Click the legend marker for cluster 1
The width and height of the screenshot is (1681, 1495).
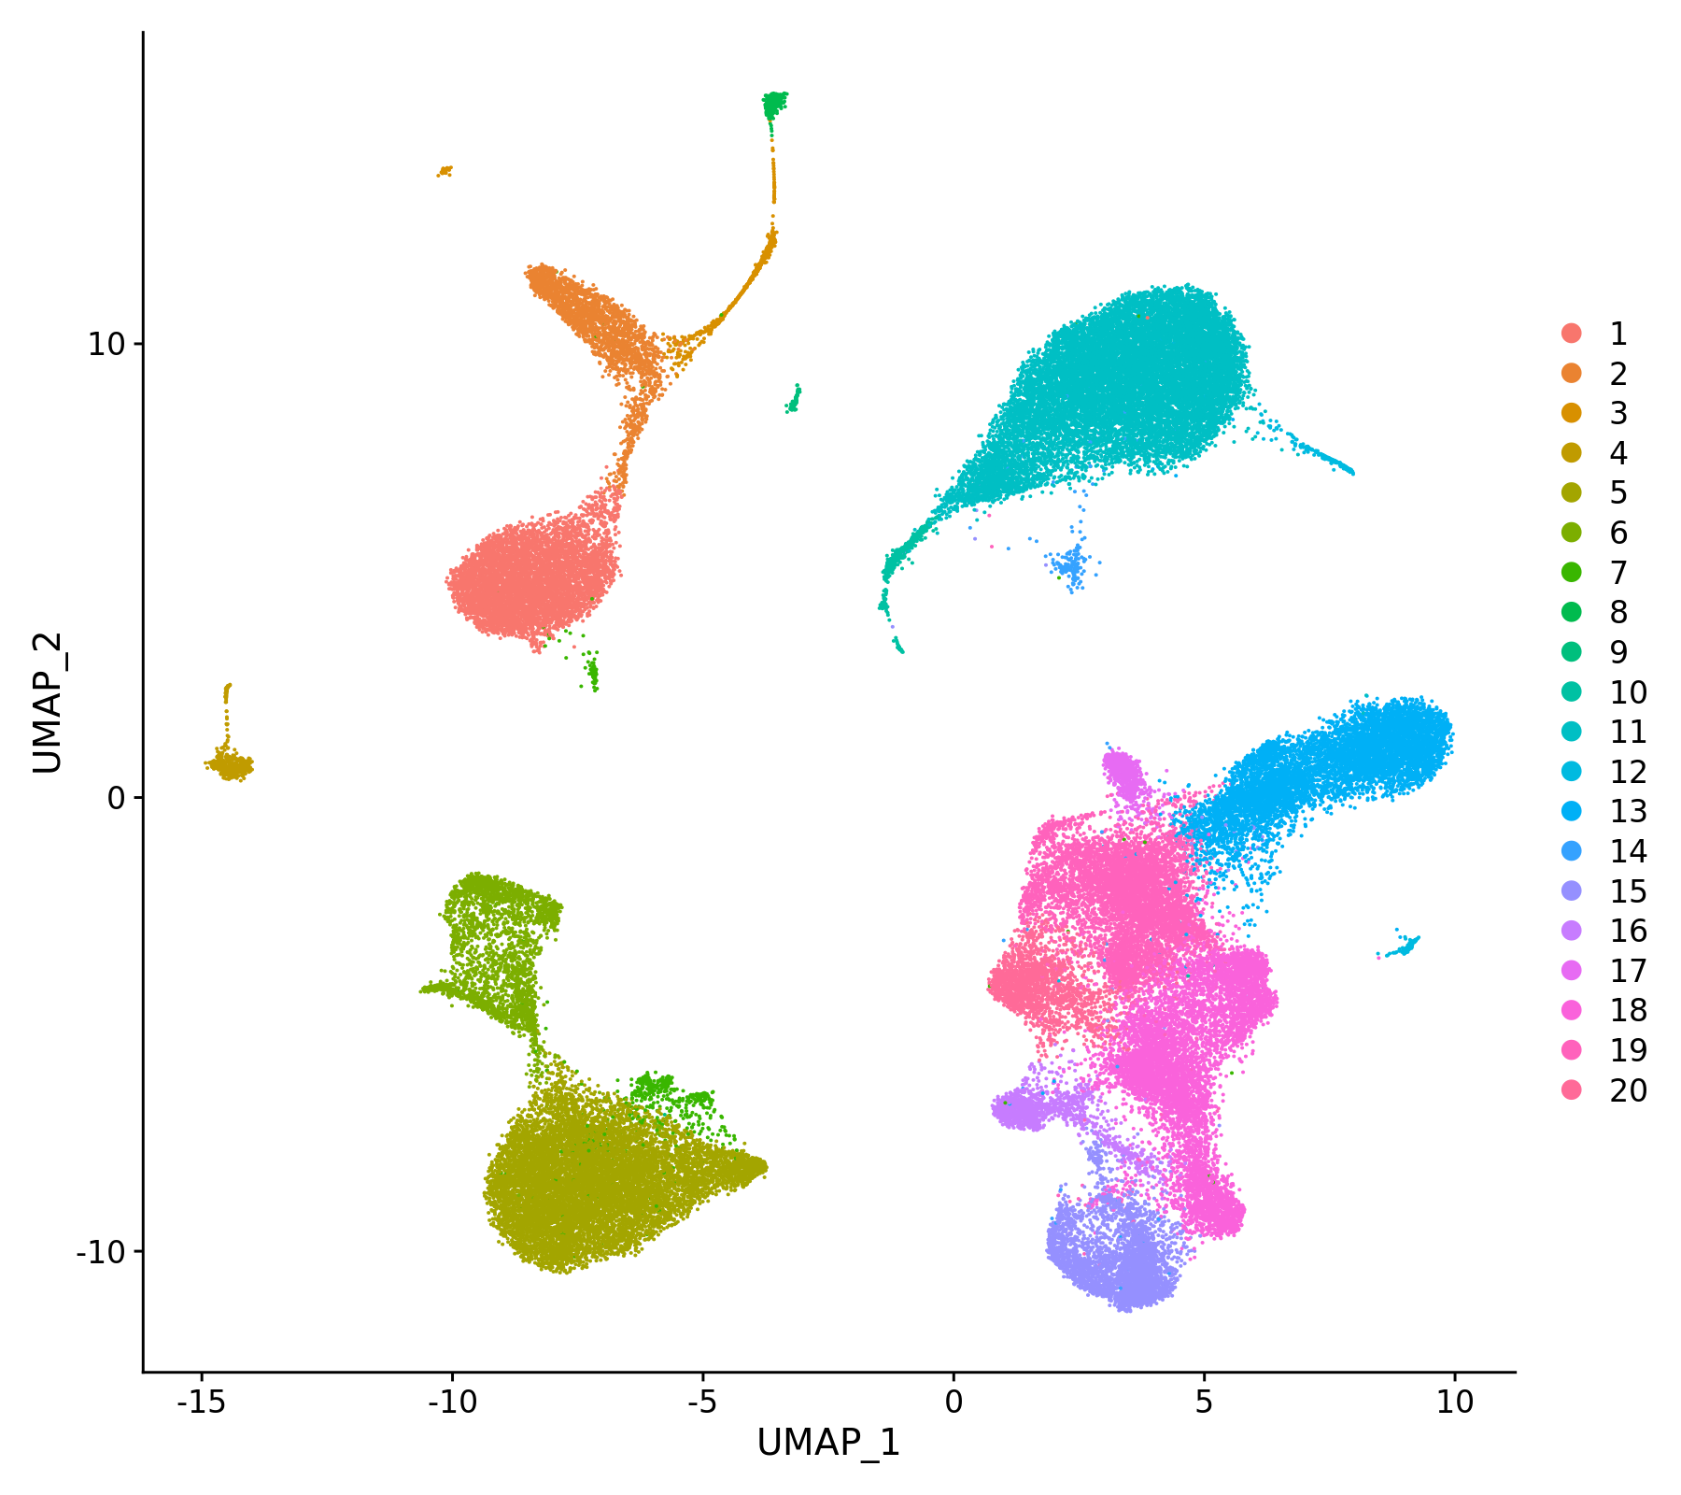pyautogui.click(x=1572, y=334)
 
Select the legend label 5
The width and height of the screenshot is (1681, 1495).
pyautogui.click(x=1617, y=492)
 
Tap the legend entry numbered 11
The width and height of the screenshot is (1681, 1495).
pyautogui.click(x=1627, y=732)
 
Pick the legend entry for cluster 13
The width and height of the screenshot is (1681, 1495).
pyautogui.click(x=1627, y=811)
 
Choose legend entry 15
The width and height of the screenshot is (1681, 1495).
pyautogui.click(x=1627, y=891)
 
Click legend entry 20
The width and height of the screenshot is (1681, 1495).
pyautogui.click(x=1627, y=1090)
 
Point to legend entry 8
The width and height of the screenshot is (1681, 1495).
pyautogui.click(x=1617, y=612)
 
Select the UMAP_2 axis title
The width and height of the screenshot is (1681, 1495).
pyautogui.click(x=48, y=703)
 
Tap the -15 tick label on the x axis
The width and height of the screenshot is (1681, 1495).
pyautogui.click(x=201, y=1402)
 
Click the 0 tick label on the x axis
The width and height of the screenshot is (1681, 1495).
pyautogui.click(x=954, y=1402)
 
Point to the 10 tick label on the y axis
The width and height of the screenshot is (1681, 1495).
pyautogui.click(x=106, y=344)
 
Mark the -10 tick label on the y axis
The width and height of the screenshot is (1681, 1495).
pyautogui.click(x=101, y=1251)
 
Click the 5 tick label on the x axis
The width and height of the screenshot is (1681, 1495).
pyautogui.click(x=1204, y=1402)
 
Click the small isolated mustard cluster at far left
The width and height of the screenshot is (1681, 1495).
pyautogui.click(x=230, y=765)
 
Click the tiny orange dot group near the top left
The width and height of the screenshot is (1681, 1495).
pyautogui.click(x=445, y=170)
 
